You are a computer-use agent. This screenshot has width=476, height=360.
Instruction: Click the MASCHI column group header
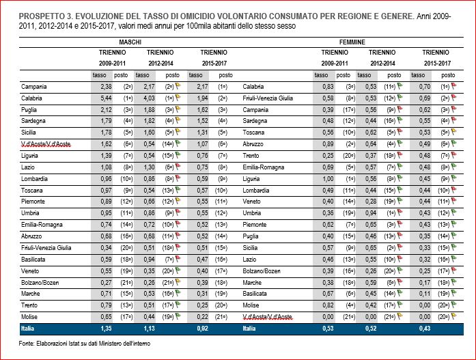click(x=130, y=42)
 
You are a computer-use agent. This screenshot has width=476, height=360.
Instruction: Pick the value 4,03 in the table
click(x=148, y=98)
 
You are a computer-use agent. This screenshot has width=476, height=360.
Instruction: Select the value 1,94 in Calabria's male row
click(x=199, y=98)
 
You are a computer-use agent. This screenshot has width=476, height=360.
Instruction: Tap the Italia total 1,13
click(x=148, y=327)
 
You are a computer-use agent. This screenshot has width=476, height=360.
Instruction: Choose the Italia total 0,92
click(x=198, y=327)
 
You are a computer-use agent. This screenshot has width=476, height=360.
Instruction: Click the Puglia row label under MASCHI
click(x=31, y=109)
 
